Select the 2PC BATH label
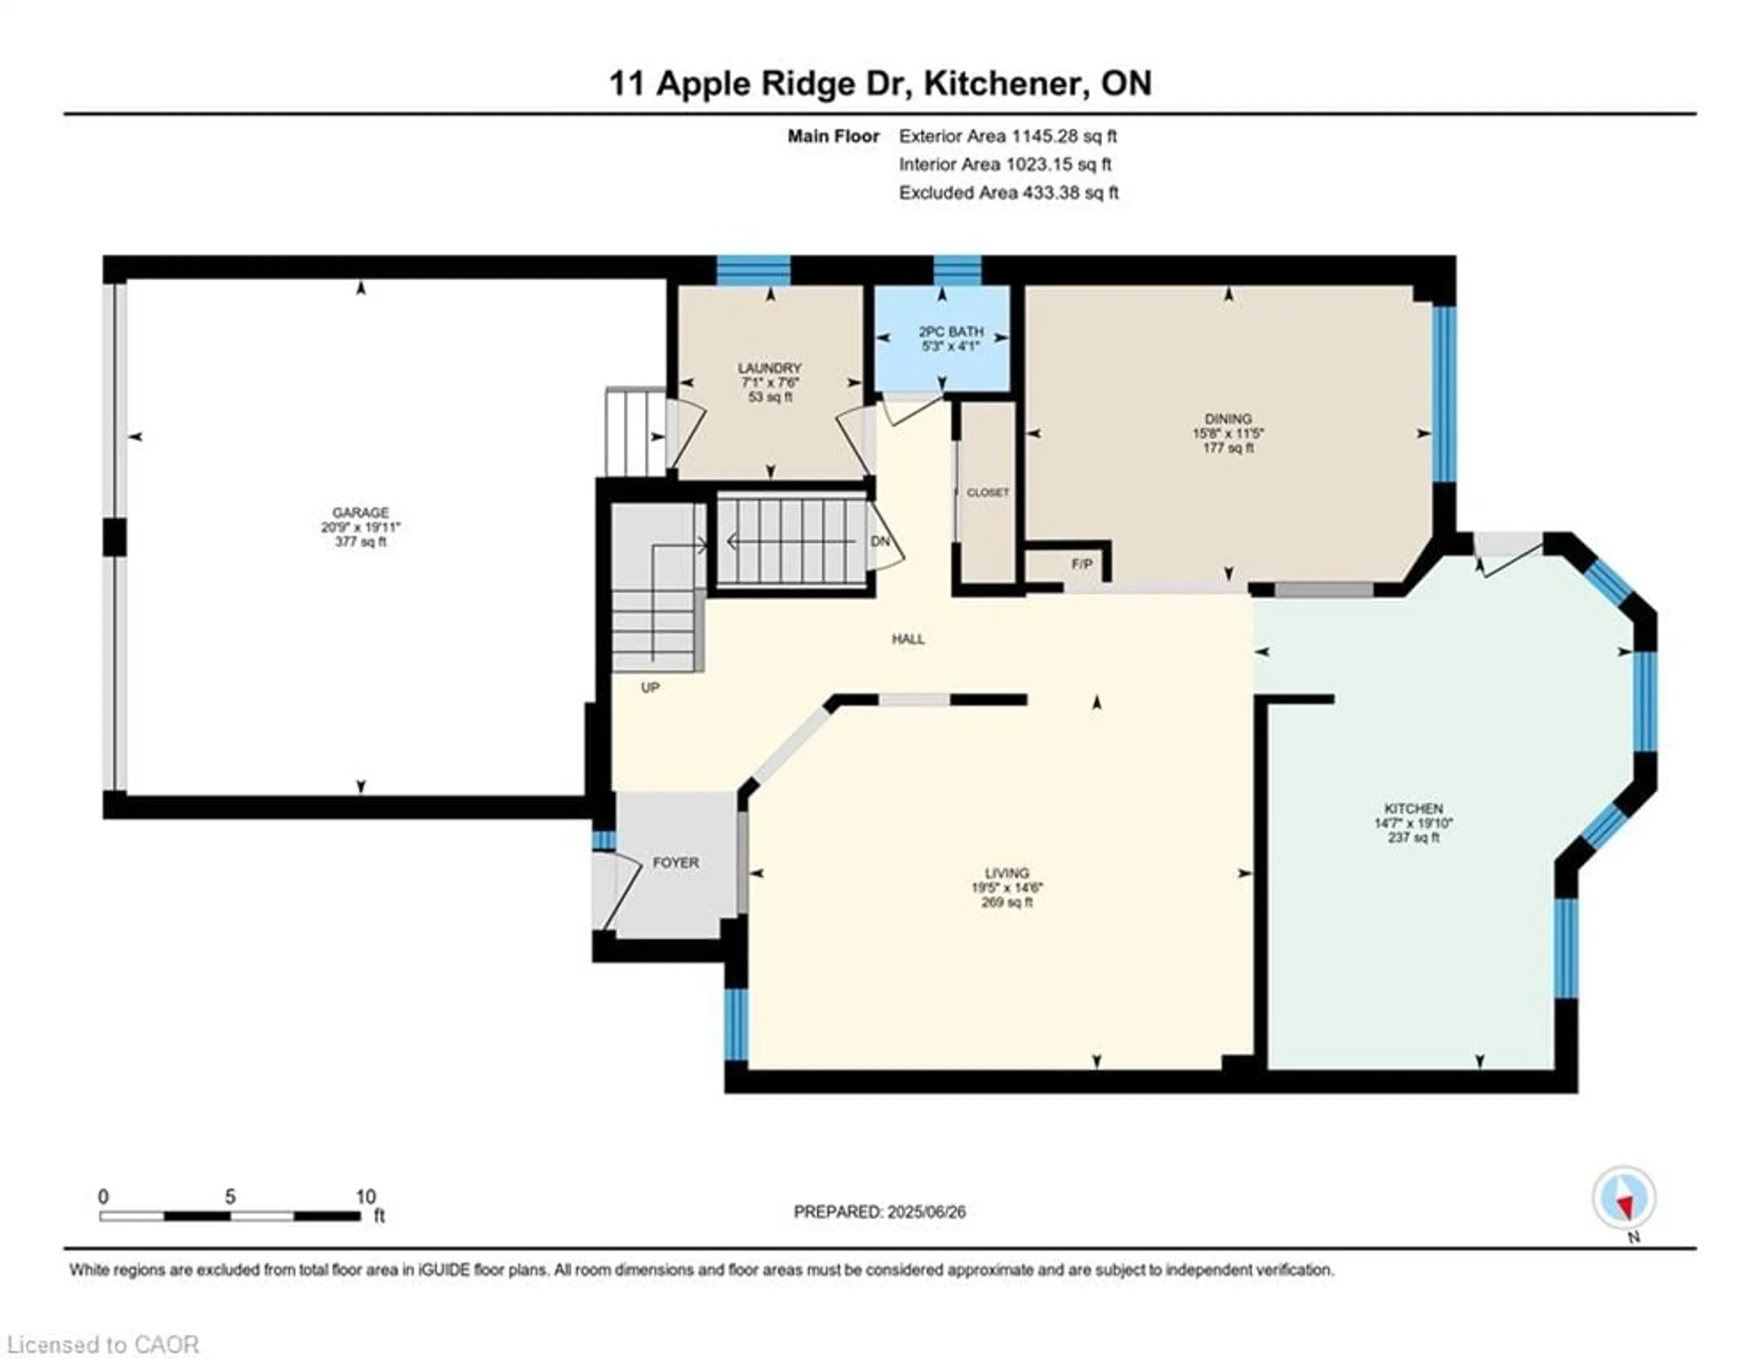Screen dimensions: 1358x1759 pos(951,332)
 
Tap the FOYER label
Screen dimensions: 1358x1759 pos(675,863)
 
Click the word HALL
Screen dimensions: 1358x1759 pos(908,640)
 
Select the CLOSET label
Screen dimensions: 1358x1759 pos(988,492)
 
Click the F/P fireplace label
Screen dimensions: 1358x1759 pos(1082,564)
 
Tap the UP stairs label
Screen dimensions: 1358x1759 pos(650,688)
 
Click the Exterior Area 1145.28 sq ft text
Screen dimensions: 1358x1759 pos(1008,136)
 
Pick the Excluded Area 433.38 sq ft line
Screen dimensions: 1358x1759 pos(1008,192)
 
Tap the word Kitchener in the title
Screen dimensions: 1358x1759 pos(1001,83)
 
